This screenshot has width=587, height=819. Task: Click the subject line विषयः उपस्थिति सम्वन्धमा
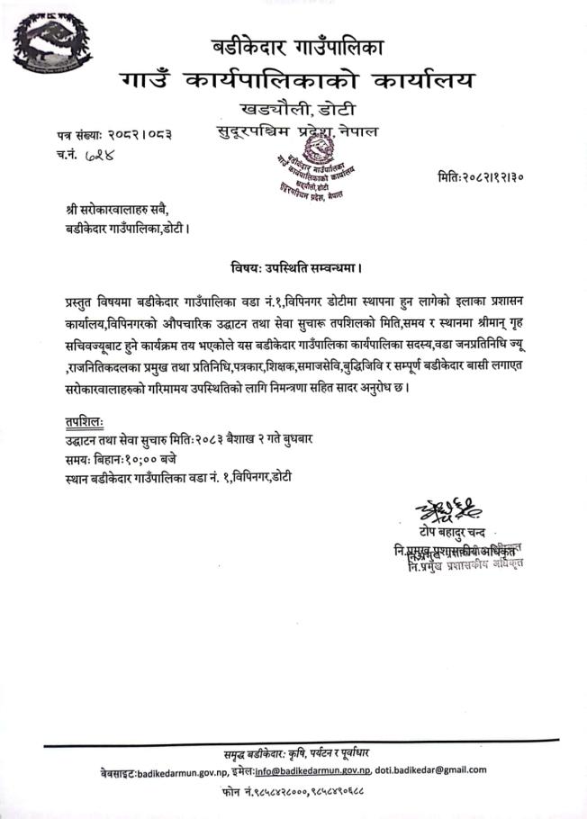295,267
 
